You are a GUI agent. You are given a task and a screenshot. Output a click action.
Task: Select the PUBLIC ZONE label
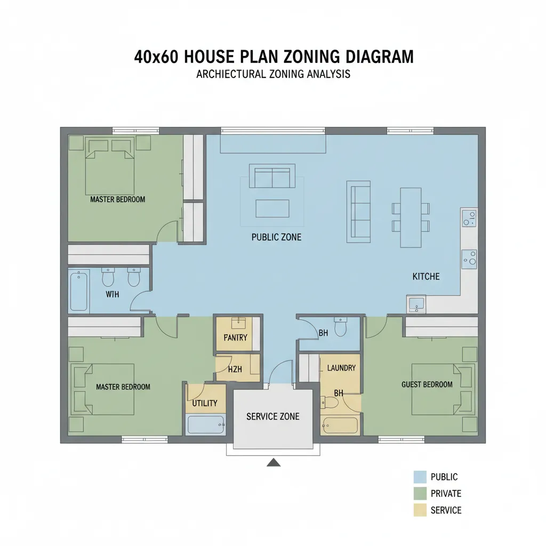(x=276, y=237)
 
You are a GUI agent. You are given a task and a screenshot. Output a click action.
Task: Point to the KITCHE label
(x=426, y=276)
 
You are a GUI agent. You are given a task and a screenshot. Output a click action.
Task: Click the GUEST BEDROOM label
(x=427, y=384)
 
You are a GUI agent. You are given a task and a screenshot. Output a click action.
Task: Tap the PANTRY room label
(x=235, y=338)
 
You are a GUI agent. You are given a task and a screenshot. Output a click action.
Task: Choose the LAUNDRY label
(x=341, y=368)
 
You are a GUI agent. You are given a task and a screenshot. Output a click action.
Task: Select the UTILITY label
(x=205, y=403)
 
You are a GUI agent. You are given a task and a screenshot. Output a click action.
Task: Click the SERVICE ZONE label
(x=272, y=416)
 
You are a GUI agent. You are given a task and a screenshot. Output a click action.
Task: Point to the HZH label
(x=235, y=369)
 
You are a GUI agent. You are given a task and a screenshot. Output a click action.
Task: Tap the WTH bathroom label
(x=113, y=294)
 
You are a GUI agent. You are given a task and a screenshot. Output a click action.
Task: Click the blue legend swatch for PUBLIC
(x=420, y=477)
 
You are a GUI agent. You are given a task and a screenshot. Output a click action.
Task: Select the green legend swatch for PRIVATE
(x=420, y=493)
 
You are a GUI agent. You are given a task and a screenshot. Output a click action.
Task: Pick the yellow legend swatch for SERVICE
(x=420, y=510)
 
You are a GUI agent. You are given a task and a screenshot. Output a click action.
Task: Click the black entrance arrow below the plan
(x=274, y=462)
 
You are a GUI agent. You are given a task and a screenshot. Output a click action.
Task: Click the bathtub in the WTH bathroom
(x=79, y=291)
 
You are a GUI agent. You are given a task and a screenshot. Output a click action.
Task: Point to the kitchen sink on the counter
(x=416, y=304)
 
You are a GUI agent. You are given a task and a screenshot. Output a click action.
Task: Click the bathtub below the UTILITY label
(x=206, y=425)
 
